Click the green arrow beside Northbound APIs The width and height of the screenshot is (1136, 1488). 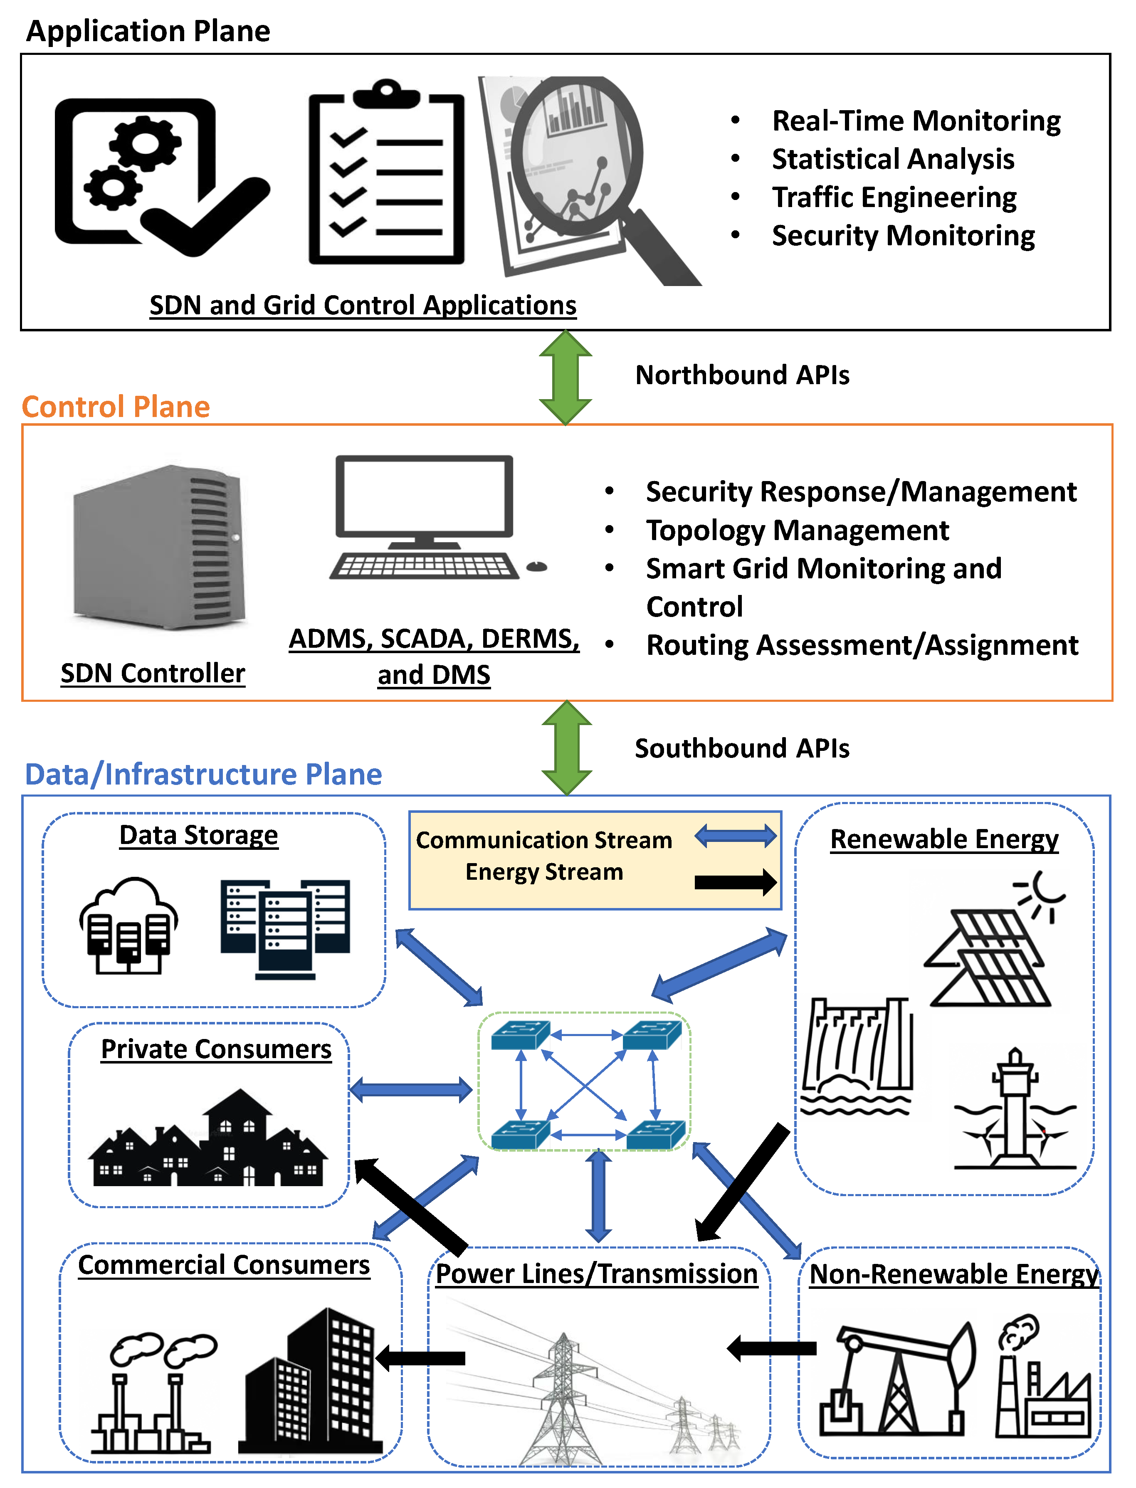pos(565,377)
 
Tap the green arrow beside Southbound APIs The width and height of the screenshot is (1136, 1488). pos(567,747)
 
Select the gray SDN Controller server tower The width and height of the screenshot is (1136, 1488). pos(159,548)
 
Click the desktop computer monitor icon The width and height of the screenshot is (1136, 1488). pos(425,497)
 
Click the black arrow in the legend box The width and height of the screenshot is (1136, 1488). pos(736,881)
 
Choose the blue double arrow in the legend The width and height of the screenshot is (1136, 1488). pos(736,836)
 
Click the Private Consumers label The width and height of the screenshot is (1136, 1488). pos(216,1049)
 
